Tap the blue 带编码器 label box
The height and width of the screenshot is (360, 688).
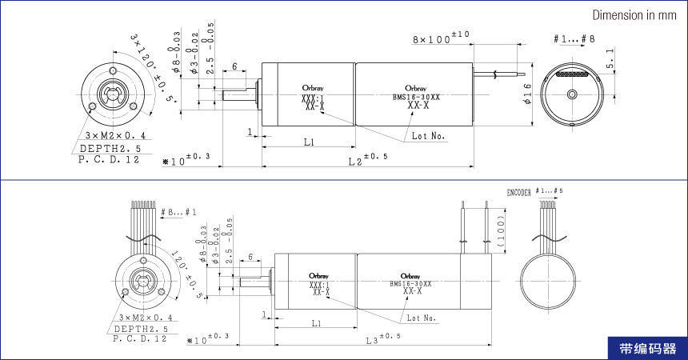click(x=647, y=349)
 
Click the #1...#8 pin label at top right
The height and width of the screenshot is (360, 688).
click(x=574, y=39)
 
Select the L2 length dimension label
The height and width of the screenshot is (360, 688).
click(x=361, y=160)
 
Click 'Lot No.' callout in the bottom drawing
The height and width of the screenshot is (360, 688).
click(x=422, y=318)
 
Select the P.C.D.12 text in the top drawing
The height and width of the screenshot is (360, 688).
click(x=109, y=160)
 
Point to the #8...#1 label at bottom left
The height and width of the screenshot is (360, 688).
click(x=178, y=212)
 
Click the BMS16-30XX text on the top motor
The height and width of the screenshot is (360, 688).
click(x=416, y=97)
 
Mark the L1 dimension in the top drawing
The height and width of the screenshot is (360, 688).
click(x=309, y=142)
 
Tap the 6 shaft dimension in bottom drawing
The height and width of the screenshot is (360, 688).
click(x=251, y=258)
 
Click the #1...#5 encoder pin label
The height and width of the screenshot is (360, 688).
click(x=549, y=192)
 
